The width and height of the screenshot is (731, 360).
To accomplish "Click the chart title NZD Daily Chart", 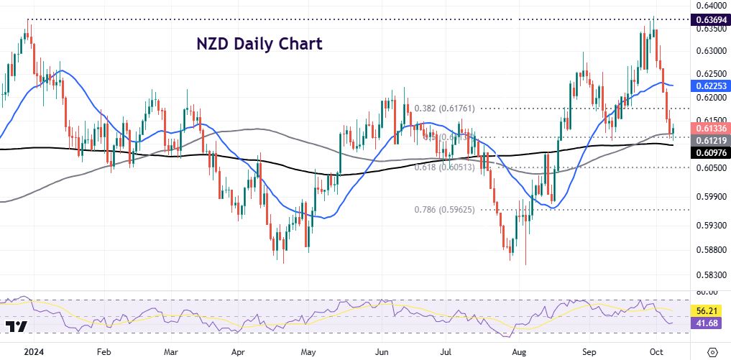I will (x=259, y=43).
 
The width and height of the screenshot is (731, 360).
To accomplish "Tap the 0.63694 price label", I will (x=709, y=19).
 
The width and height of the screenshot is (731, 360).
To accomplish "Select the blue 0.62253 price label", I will (x=709, y=85).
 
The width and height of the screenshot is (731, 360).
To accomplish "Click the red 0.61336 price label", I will (x=709, y=128).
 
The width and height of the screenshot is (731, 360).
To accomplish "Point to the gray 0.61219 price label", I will (x=709, y=140).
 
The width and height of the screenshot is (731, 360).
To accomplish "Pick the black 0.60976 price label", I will (x=709, y=152).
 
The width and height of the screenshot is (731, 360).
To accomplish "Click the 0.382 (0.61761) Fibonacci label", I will (x=445, y=109).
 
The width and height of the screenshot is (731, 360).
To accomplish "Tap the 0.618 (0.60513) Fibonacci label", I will (x=445, y=167).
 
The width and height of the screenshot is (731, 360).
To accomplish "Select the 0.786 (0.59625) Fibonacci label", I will (x=445, y=210).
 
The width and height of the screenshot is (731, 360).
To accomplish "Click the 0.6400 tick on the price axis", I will (x=708, y=5).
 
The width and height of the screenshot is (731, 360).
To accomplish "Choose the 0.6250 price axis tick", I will (x=708, y=74).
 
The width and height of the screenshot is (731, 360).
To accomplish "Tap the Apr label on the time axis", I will (x=239, y=352).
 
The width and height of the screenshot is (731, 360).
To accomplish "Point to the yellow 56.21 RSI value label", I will (x=707, y=310).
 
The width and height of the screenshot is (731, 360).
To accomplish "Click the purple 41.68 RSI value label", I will (x=707, y=323).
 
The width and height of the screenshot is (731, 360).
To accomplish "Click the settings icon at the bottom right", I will (x=712, y=351).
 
